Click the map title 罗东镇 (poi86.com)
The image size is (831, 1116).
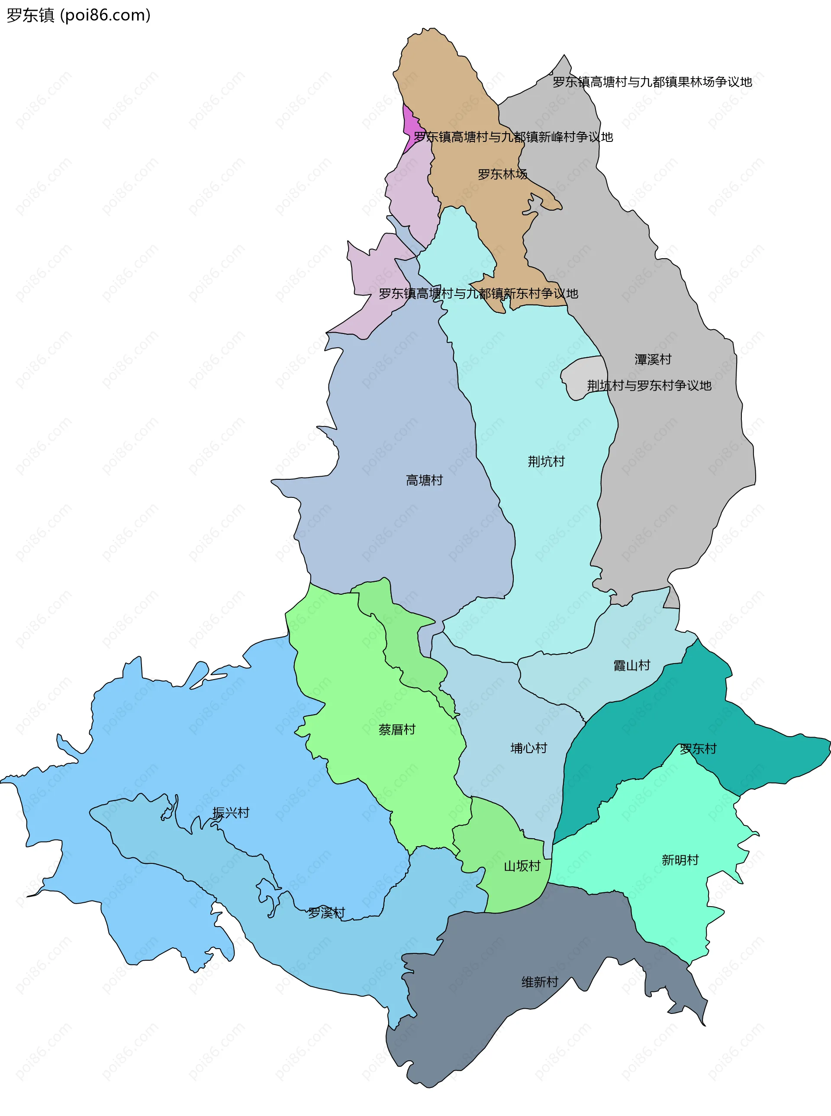(78, 15)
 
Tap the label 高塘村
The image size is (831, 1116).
(424, 480)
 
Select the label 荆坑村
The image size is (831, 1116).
(546, 461)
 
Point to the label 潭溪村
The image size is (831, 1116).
(652, 359)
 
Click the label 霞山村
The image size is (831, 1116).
(631, 666)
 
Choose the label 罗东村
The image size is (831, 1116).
(698, 748)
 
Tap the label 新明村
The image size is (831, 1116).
(680, 860)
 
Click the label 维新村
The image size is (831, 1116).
(540, 982)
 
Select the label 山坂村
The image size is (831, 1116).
(522, 866)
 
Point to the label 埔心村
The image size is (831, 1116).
(528, 748)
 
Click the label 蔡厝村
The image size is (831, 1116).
(397, 729)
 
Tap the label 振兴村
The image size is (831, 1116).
(230, 813)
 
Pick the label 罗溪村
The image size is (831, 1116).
(326, 912)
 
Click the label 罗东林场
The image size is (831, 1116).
(502, 174)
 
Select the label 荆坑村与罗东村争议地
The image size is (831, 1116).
(649, 385)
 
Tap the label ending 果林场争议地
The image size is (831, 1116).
(652, 82)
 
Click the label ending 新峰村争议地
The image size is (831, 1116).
(513, 137)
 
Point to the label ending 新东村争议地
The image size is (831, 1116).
(478, 294)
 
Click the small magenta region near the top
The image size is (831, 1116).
(410, 126)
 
